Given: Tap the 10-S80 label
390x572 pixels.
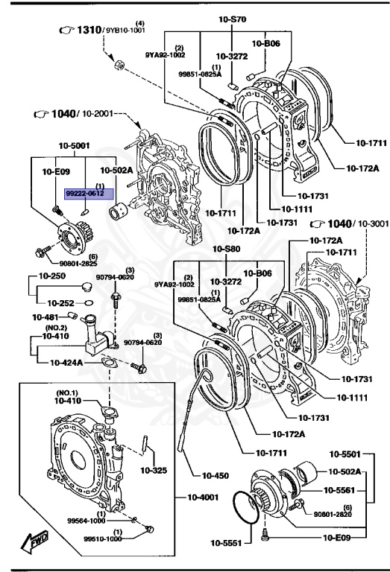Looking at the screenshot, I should [x=224, y=249].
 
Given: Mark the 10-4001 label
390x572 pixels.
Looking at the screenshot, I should [x=198, y=495].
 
